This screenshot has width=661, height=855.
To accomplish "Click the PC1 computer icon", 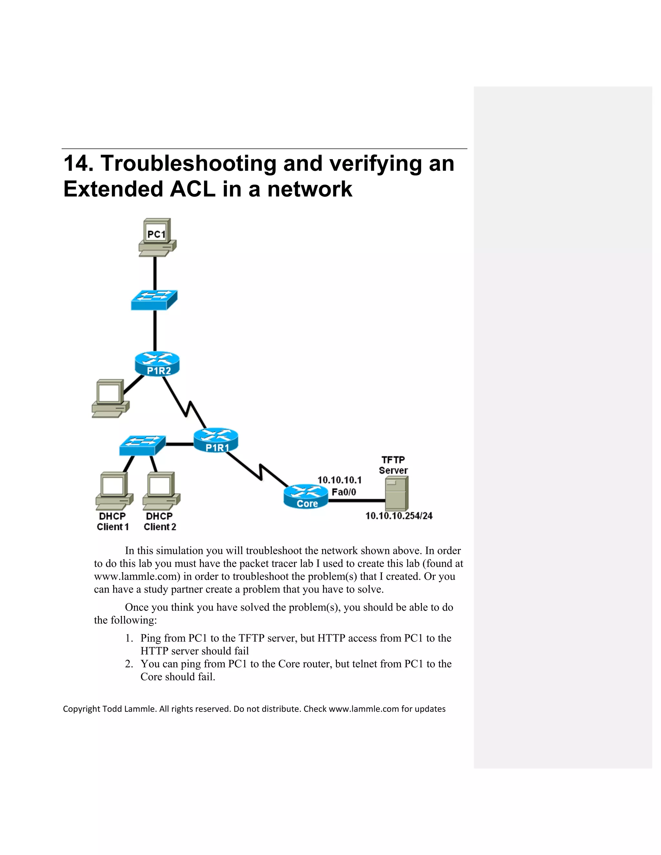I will pyautogui.click(x=157, y=237).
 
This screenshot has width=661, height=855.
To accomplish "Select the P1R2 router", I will pyautogui.click(x=157, y=364).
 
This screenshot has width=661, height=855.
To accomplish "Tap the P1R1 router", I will pyautogui.click(x=216, y=440).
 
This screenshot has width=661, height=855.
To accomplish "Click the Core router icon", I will pyautogui.click(x=306, y=497).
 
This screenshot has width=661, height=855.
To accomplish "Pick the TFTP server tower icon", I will pyautogui.click(x=396, y=493).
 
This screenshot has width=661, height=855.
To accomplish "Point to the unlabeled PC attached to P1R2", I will pyautogui.click(x=110, y=398).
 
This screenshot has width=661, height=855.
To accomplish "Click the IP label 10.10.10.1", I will pyautogui.click(x=339, y=480).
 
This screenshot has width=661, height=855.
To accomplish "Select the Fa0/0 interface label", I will pyautogui.click(x=343, y=492).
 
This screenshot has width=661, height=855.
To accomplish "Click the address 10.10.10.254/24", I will pyautogui.click(x=399, y=516).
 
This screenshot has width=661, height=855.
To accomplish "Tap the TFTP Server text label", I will pyautogui.click(x=393, y=465).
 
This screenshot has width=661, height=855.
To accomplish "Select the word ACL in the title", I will pyautogui.click(x=192, y=189).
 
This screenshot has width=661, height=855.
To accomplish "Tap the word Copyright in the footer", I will pyautogui.click(x=81, y=709).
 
